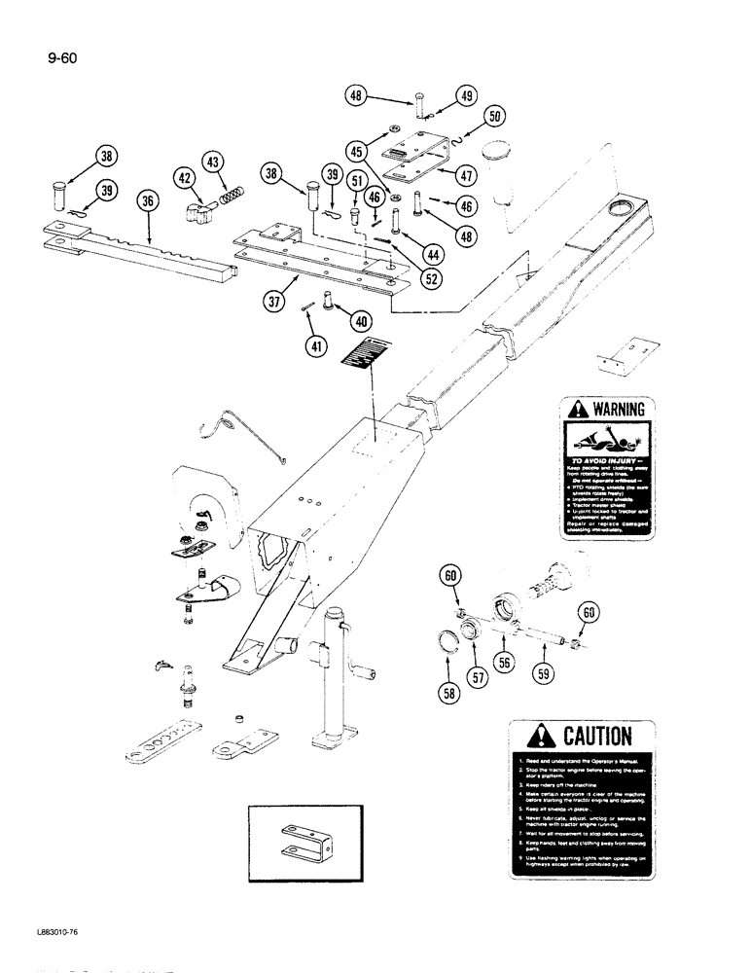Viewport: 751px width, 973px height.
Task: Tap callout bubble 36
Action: click(x=147, y=201)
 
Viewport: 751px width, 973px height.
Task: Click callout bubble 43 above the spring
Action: click(x=213, y=162)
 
